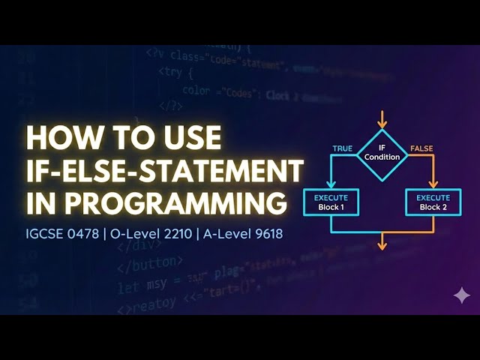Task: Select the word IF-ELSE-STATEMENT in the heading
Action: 164,171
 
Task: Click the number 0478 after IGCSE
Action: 82,233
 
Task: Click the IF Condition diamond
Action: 382,155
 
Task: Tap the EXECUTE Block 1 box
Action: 331,202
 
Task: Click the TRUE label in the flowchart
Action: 342,148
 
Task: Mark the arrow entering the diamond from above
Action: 382,120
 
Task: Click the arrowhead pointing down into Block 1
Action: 331,183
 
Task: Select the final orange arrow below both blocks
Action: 383,240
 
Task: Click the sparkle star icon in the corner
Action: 462,295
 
